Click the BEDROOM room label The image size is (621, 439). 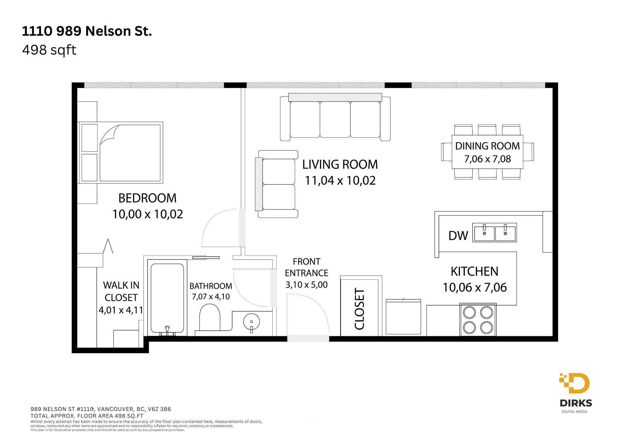(147, 198)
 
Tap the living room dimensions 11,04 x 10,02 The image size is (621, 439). (340, 180)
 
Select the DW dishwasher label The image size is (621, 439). (458, 236)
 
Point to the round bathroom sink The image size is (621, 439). (251, 322)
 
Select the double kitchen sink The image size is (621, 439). (495, 232)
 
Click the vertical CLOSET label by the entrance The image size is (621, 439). (360, 309)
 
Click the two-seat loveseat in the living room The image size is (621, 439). (277, 184)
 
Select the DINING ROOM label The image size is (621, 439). (487, 146)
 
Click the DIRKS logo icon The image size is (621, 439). (574, 383)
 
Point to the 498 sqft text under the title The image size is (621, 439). (49, 50)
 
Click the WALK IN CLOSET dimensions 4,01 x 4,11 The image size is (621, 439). (121, 310)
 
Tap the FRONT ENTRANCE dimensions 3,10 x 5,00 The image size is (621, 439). (307, 285)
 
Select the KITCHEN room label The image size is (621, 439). (474, 272)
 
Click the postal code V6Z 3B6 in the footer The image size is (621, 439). (159, 409)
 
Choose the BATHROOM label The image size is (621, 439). (211, 286)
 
